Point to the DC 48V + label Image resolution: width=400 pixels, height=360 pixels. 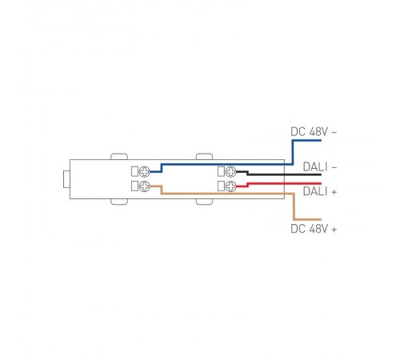pyautogui.click(x=314, y=228)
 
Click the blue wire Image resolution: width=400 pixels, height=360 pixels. pyautogui.click(x=224, y=164)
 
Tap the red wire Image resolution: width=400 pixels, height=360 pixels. pyautogui.click(x=272, y=183)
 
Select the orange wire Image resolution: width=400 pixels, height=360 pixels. pyautogui.click(x=224, y=194)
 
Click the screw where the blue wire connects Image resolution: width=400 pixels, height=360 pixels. pyautogui.click(x=146, y=171)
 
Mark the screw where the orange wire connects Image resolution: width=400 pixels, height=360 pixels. pyautogui.click(x=146, y=186)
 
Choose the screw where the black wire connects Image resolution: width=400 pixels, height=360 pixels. pyautogui.click(x=230, y=171)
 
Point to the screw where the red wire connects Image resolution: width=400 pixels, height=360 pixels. pyautogui.click(x=230, y=186)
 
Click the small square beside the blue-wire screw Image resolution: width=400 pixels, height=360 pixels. pyautogui.click(x=134, y=171)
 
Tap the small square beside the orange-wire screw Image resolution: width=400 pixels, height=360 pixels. pyautogui.click(x=134, y=186)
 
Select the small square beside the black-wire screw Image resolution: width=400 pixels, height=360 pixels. pyautogui.click(x=219, y=171)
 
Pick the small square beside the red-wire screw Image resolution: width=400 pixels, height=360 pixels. pyautogui.click(x=219, y=186)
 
